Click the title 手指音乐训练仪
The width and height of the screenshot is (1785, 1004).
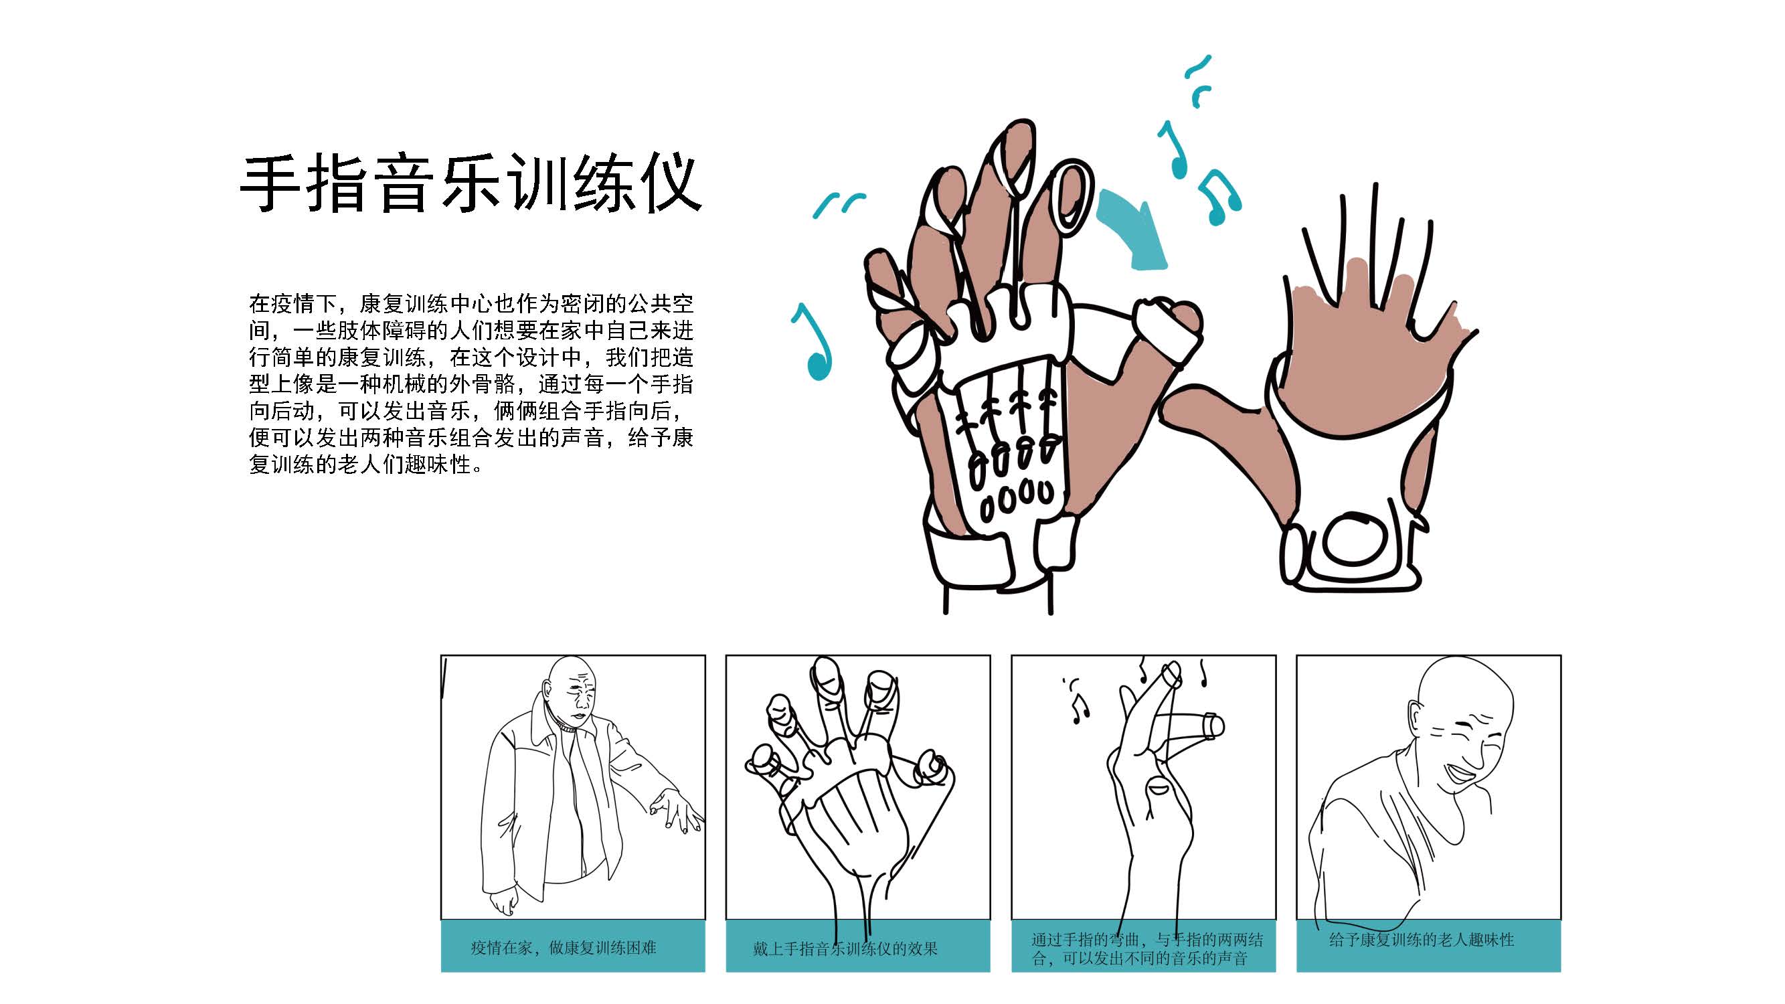471,183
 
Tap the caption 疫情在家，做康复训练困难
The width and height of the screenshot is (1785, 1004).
564,947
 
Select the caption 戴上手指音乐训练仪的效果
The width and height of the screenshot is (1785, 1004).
845,948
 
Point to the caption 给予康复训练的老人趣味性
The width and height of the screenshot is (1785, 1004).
1421,940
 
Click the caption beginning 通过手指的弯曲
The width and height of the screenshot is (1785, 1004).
1146,948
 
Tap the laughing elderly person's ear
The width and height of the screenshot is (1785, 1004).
1416,718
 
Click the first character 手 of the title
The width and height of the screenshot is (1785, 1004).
270,183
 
